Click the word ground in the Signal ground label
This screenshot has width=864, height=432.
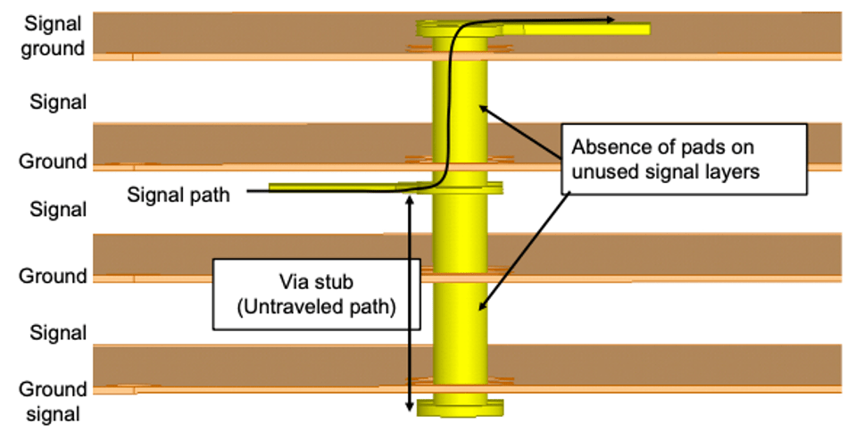54,48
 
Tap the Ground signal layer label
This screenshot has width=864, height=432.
54,401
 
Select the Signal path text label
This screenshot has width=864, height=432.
179,194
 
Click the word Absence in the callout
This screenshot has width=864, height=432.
606,147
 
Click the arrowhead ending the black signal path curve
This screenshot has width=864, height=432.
611,19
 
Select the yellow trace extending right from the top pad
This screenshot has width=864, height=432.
580,29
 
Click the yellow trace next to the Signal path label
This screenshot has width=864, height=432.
330,187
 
